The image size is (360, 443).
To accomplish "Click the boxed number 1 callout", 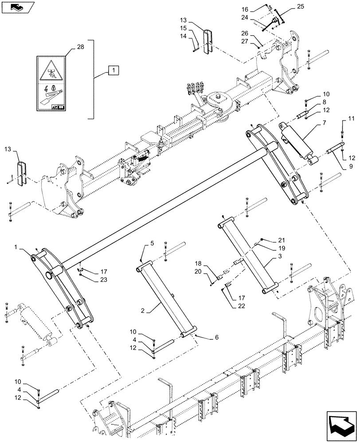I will (113, 70).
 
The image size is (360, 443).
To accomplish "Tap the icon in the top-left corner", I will (16, 6).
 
